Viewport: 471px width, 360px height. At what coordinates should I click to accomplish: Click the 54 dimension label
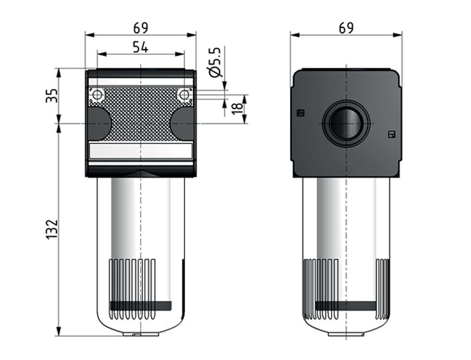140,47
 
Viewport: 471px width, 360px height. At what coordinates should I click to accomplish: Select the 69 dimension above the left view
140,28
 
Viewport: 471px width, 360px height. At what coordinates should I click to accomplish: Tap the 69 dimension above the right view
346,28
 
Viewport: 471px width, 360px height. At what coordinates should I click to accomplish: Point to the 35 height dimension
52,95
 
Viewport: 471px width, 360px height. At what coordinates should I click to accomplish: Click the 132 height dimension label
52,229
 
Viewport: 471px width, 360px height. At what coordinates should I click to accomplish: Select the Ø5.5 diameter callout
216,62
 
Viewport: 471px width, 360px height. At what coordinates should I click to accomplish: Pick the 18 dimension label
238,108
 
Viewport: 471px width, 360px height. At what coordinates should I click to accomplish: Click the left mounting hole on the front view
97,95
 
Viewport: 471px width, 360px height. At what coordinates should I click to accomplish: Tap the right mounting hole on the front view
183,95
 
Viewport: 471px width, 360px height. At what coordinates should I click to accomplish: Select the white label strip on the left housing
141,151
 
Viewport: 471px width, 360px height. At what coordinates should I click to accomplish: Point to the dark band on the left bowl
141,306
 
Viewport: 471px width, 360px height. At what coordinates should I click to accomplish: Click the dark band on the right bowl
346,306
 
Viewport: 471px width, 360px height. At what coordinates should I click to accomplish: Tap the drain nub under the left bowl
140,334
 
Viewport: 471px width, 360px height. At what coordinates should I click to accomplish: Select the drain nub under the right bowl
346,334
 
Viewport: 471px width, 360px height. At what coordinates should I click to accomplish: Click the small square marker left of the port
301,113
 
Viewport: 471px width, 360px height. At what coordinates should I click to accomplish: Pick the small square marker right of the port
391,134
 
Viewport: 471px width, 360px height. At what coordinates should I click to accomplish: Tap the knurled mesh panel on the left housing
141,114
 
